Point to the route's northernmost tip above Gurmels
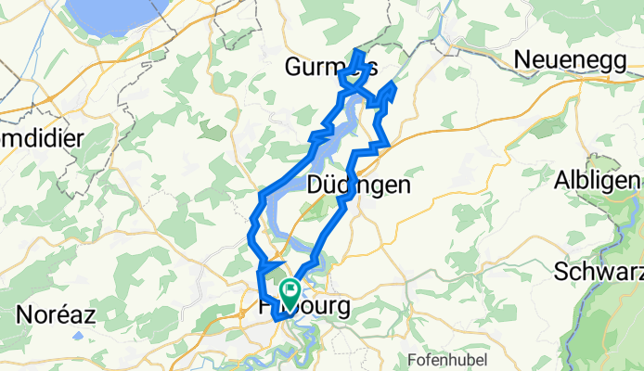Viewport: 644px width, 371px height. pyautogui.click(x=358, y=43)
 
